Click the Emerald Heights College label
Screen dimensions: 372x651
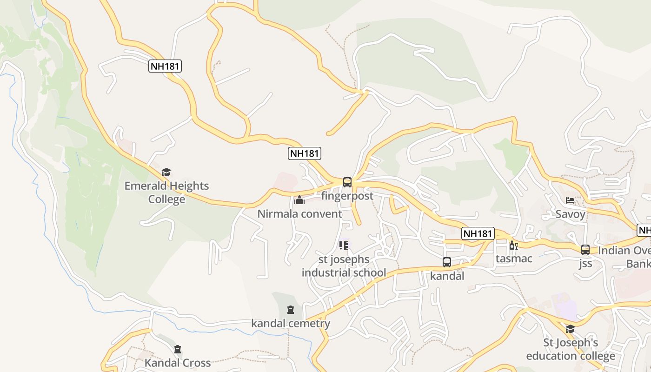166,193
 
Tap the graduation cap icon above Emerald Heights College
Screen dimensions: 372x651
166,173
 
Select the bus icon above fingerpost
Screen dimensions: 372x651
347,182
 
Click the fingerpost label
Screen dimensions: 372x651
347,196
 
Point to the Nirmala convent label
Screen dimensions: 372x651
300,214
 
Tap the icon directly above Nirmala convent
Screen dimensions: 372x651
299,200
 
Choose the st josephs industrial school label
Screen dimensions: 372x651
344,266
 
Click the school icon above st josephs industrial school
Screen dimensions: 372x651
344,245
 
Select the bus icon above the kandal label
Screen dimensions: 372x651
447,262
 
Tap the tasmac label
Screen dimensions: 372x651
514,259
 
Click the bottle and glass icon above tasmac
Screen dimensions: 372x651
513,245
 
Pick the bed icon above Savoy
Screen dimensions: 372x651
570,200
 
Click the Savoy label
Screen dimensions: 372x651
570,214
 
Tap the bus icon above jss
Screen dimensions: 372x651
585,250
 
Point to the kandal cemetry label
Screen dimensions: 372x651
291,324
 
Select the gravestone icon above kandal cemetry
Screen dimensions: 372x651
291,310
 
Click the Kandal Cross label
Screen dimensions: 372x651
178,363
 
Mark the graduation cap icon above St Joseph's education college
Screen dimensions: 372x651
570,329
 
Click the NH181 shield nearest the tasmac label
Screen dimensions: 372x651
478,233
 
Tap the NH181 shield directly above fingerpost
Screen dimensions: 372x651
305,153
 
